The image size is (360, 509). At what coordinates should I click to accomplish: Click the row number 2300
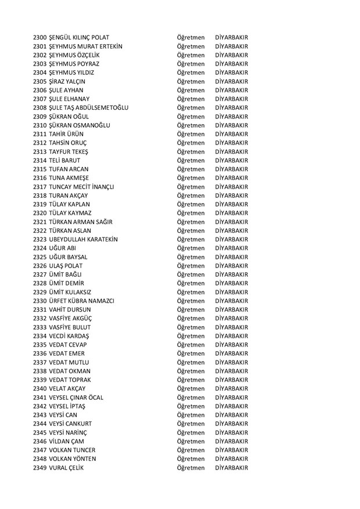coord(40,38)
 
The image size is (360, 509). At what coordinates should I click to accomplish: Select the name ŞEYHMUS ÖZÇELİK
coord(77,55)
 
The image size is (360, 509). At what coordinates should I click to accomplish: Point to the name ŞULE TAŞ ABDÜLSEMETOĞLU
coord(89,108)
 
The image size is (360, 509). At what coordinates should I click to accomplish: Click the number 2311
coord(40,134)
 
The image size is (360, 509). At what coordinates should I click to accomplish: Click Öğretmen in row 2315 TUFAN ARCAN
coord(191,169)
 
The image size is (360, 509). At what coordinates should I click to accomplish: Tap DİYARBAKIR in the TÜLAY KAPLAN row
coord(231,204)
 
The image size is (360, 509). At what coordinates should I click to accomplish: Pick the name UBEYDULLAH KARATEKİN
coord(84,239)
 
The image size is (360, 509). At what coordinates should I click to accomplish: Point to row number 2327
coord(40,275)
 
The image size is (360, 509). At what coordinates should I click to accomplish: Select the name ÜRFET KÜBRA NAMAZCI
coord(82,301)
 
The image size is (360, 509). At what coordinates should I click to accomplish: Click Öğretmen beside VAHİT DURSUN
coord(191,309)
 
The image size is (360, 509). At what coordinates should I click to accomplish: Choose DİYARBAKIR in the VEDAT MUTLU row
coord(231,362)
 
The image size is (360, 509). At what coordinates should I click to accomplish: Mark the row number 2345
coord(40,432)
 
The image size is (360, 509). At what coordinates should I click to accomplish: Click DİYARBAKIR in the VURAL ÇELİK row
coord(231,468)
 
